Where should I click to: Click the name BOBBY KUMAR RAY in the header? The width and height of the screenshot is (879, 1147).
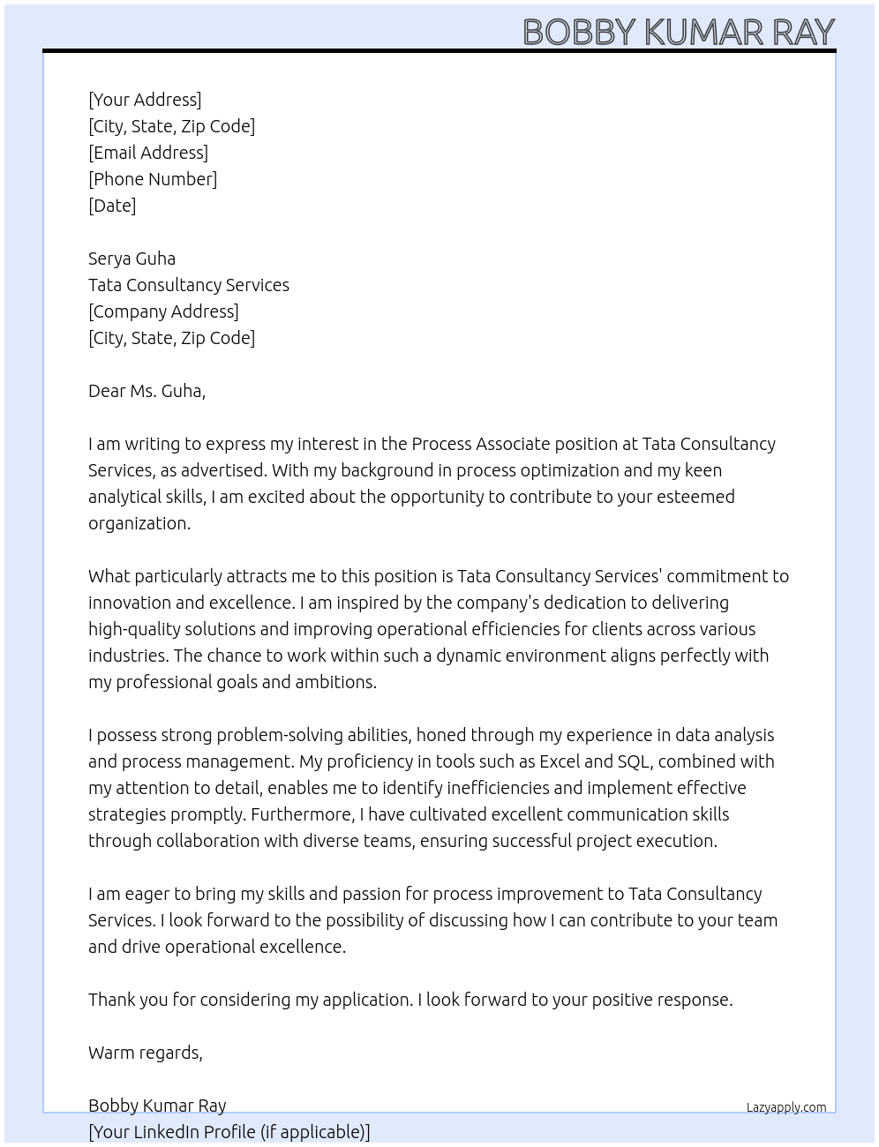click(678, 32)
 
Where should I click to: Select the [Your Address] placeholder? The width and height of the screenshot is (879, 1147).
click(145, 100)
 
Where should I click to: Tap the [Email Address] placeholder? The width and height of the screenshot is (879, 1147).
click(148, 153)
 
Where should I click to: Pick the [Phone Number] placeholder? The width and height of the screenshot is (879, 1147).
click(153, 179)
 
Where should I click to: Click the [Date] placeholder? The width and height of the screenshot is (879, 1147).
click(112, 206)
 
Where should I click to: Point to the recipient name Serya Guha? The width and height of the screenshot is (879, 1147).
click(131, 259)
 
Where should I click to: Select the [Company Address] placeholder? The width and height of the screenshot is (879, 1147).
click(163, 311)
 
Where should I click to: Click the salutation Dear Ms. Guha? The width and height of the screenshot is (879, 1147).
click(146, 391)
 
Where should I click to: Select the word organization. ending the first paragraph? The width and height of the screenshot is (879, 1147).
click(139, 523)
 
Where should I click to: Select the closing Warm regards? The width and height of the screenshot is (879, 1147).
click(146, 1053)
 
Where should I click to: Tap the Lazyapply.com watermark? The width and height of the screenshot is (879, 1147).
click(786, 1107)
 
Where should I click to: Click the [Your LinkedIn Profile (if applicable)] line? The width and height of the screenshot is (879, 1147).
click(229, 1132)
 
